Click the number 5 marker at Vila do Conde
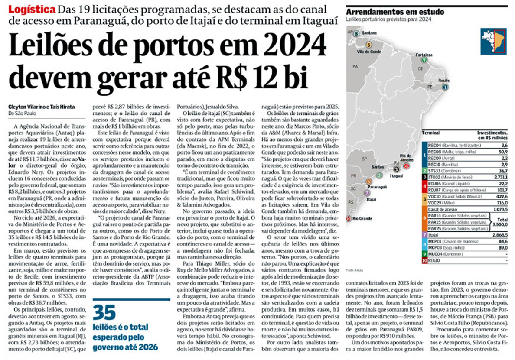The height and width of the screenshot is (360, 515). click(x=369, y=45)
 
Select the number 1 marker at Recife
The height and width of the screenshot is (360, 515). click(x=444, y=87)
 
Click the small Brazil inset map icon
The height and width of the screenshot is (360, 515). click(x=494, y=41)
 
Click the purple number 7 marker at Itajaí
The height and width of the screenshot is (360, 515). click(x=367, y=193)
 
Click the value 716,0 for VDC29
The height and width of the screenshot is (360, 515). click(x=499, y=202)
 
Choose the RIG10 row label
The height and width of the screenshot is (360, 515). click(x=435, y=260)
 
